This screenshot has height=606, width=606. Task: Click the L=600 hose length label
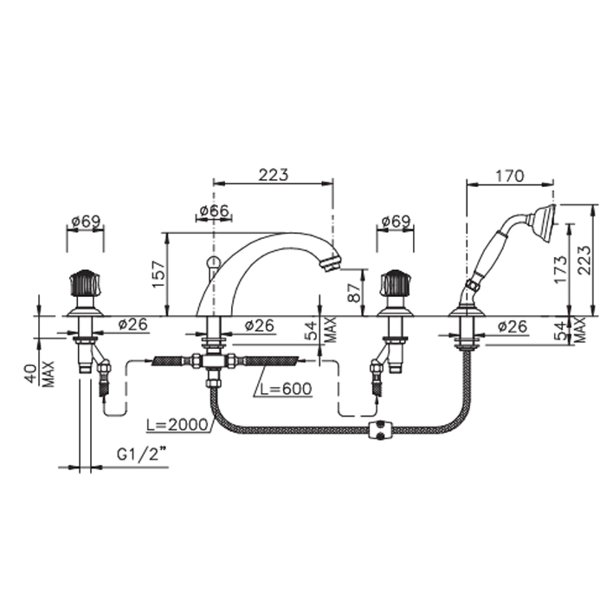click(286, 389)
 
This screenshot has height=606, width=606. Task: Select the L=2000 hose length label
click(177, 425)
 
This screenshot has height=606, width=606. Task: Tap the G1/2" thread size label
click(142, 455)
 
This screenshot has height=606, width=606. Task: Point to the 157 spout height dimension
click(158, 274)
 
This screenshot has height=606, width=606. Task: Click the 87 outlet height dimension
click(354, 293)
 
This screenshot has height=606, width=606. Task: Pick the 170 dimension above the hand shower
click(510, 176)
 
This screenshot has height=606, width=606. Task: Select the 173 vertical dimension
click(561, 269)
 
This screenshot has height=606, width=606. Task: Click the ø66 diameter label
click(215, 211)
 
